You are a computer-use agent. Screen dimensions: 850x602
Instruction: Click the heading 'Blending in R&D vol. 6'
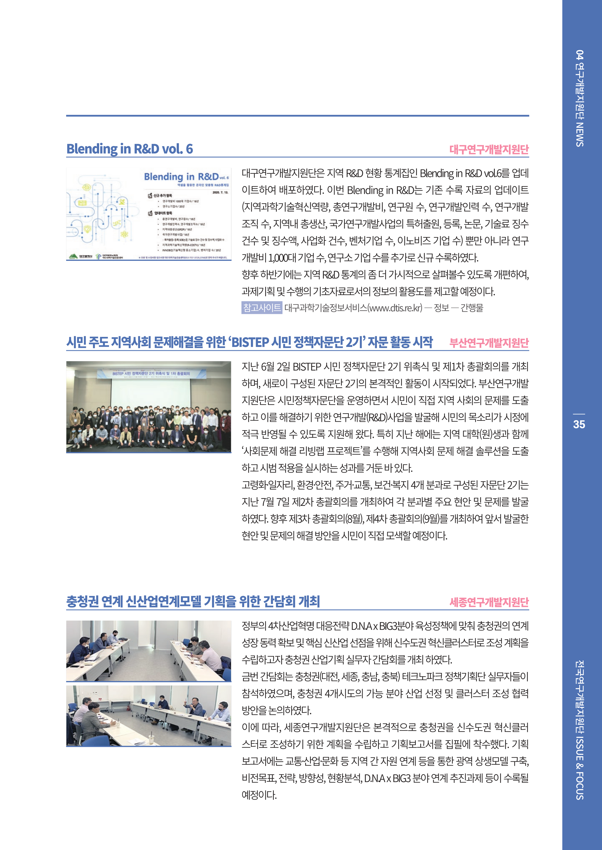129,149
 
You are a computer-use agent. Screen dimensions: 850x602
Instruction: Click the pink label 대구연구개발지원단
489,150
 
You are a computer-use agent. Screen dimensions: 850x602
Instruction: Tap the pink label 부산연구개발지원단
489,343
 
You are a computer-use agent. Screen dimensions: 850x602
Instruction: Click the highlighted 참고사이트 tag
262,307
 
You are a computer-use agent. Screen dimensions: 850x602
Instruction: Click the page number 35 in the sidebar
579,424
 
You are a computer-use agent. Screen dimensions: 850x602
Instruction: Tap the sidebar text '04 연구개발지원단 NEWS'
579,98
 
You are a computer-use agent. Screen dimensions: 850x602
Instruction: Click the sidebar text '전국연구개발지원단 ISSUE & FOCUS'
579,730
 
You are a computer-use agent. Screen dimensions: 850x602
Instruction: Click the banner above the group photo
151,373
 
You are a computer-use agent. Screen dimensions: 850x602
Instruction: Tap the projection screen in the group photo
151,393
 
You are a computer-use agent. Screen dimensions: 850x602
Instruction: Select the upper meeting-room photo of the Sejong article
149,651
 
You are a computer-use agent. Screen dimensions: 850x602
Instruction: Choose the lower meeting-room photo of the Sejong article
149,715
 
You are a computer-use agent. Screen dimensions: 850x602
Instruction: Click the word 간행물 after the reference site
472,308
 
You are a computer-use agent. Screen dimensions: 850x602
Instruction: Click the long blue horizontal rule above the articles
297,116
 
